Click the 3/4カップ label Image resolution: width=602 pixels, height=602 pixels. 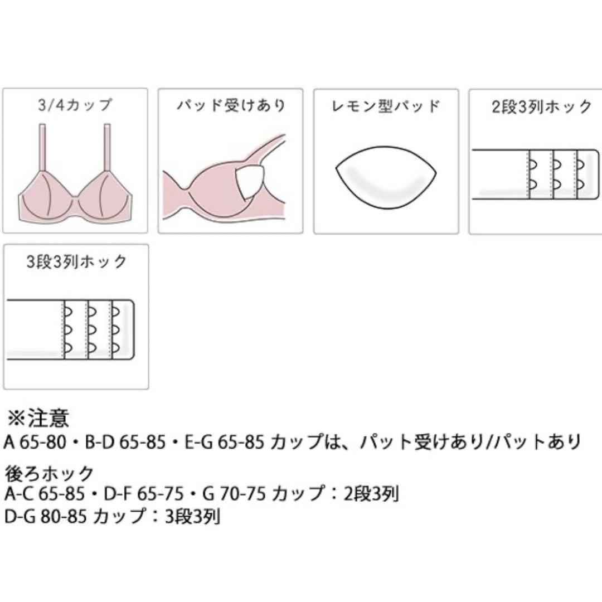pos(75,105)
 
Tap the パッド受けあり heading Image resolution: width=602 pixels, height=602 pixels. pos(231,105)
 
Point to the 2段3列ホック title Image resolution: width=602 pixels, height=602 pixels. pos(542,106)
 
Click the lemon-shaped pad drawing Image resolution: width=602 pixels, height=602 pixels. pos(386,177)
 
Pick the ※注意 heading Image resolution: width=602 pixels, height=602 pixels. pos(38,417)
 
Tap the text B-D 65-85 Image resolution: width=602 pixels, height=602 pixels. pos(125,442)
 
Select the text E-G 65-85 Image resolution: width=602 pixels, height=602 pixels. pos(225,442)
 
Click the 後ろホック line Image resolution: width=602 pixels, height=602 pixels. pos(49,473)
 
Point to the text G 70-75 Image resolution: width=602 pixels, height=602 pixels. pos(234,494)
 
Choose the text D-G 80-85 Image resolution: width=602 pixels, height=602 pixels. pos(45,516)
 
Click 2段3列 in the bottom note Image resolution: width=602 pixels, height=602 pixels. pos(371,494)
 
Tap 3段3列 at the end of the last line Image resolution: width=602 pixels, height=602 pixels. pos(193,517)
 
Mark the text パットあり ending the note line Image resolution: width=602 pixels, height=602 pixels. pos(537,442)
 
